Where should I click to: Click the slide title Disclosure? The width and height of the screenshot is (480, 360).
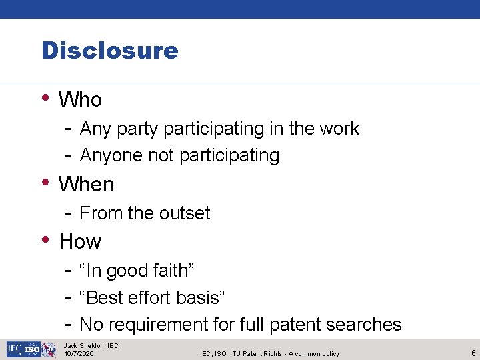pos(110,51)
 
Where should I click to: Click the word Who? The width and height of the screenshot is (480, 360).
pos(80,100)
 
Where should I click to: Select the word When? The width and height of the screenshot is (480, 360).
pos(87,185)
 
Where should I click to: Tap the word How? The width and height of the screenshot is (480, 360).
pos(80,241)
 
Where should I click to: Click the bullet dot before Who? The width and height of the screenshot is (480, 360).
pos(45,97)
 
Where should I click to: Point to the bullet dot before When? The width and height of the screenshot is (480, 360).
pos(45,181)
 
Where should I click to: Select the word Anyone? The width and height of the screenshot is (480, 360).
pos(111,156)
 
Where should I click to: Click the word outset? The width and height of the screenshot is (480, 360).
pos(184,213)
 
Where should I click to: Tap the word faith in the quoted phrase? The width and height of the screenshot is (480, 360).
pos(171,271)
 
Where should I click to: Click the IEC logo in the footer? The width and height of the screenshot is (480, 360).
pos(14,349)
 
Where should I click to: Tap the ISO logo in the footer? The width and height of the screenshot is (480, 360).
pos(32,349)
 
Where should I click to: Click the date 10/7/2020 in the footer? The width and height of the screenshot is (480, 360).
pos(79,354)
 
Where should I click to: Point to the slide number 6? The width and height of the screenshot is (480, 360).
pos(473,353)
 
